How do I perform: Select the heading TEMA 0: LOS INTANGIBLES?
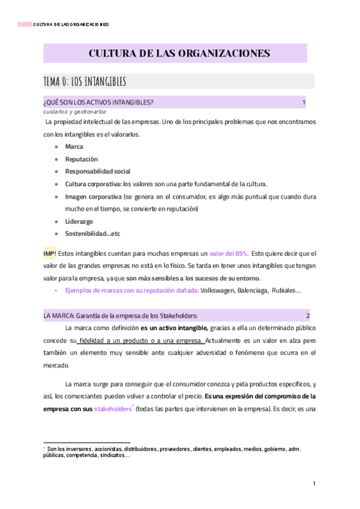pyautogui.click(x=84, y=81)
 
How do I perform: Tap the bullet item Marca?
pyautogui.click(x=74, y=146)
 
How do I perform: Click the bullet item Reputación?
pyautogui.click(x=81, y=159)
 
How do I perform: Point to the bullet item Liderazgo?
pyautogui.click(x=79, y=221)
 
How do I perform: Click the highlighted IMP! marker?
pyautogui.click(x=50, y=253)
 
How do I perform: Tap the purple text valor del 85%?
pyautogui.click(x=229, y=253)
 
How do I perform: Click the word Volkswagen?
pyautogui.click(x=220, y=291)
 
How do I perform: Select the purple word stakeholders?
pyautogui.click(x=112, y=409)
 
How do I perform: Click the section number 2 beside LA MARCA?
pyautogui.click(x=308, y=316)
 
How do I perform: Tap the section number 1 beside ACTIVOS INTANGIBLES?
pyautogui.click(x=304, y=103)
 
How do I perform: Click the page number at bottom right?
pyautogui.click(x=314, y=484)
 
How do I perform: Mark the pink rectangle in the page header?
pyautogui.click(x=24, y=25)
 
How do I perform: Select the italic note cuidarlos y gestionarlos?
pyautogui.click(x=74, y=112)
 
